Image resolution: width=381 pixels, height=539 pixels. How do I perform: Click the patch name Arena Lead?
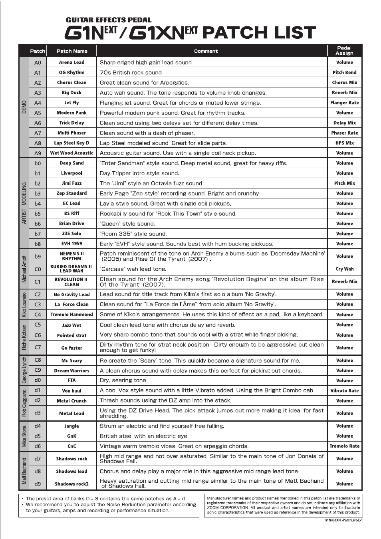click(x=71, y=62)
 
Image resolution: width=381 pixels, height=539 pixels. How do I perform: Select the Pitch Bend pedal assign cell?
click(x=344, y=72)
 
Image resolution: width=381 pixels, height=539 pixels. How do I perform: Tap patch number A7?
click(x=38, y=133)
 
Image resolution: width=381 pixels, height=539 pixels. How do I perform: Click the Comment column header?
click(x=206, y=51)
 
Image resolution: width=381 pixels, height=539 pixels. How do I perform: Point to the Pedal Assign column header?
click(x=344, y=51)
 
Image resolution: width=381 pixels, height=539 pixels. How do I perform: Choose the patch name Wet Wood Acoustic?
click(x=71, y=153)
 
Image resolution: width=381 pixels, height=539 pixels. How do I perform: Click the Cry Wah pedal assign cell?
click(x=344, y=269)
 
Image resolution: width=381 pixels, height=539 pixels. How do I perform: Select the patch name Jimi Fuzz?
click(x=71, y=183)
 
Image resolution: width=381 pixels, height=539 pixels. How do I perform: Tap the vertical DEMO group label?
click(x=24, y=107)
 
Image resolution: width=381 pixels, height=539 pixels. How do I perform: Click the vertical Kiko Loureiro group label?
click(x=24, y=305)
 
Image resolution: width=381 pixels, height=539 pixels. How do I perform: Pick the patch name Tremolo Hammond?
click(x=71, y=315)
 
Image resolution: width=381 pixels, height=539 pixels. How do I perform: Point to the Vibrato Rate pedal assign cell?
click(x=344, y=390)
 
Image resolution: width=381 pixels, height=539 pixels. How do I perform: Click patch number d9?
click(x=38, y=484)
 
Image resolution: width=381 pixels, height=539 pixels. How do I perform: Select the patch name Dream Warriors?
click(x=71, y=371)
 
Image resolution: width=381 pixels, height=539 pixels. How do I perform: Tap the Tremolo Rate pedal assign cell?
click(x=344, y=446)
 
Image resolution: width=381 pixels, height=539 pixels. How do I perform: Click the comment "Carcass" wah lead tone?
click(x=133, y=269)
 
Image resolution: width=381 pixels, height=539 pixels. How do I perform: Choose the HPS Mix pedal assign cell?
click(x=344, y=143)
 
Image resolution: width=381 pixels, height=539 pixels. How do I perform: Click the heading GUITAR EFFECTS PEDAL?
click(x=109, y=20)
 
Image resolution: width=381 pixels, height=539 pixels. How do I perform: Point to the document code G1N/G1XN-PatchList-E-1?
click(x=343, y=520)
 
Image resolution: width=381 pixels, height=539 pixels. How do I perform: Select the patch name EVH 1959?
click(x=71, y=244)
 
